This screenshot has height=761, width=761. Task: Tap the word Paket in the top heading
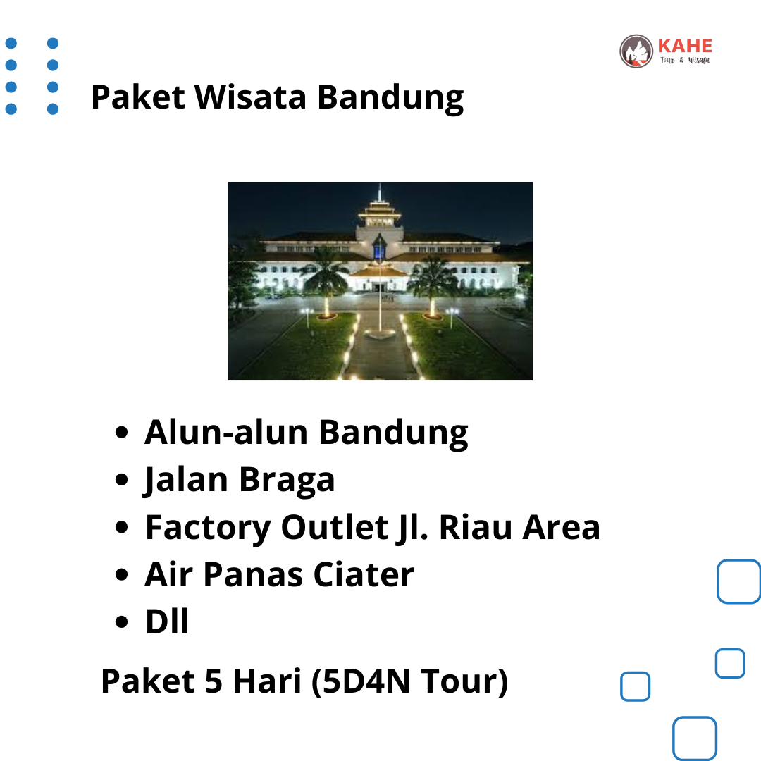tap(138, 97)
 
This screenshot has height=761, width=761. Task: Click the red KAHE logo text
tap(685, 46)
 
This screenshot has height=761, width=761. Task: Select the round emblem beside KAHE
tap(636, 51)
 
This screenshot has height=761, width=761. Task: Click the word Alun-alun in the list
tap(226, 432)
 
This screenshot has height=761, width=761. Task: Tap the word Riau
tap(475, 527)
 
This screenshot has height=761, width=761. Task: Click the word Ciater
tap(364, 575)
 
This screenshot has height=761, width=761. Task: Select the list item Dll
tap(167, 621)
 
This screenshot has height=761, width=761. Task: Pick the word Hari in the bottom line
tap(267, 681)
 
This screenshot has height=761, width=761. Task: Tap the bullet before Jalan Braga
tap(121, 480)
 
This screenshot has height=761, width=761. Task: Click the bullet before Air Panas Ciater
tap(121, 575)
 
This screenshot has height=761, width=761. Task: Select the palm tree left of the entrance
tap(326, 281)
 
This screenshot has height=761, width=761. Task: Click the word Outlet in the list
tap(335, 527)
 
